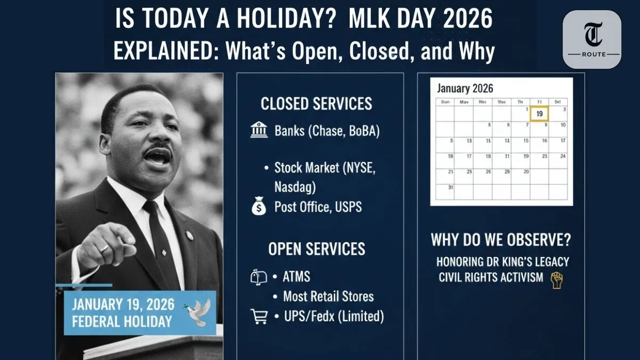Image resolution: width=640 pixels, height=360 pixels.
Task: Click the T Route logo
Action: click(592, 39)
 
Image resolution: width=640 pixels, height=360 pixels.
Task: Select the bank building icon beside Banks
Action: click(259, 130)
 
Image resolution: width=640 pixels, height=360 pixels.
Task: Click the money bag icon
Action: click(259, 206)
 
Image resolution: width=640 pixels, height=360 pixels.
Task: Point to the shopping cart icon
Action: click(259, 316)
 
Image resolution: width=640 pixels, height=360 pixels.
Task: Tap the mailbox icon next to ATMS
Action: click(259, 277)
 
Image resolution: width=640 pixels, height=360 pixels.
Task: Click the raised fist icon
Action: click(556, 279)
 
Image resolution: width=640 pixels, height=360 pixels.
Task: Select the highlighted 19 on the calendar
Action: click(540, 114)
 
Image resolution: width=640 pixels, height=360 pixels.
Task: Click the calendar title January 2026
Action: click(465, 88)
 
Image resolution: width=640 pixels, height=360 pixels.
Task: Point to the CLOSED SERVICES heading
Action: click(316, 103)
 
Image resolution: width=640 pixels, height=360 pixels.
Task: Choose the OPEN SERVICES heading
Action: click(316, 249)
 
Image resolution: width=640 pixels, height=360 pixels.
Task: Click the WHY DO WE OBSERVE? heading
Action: click(500, 240)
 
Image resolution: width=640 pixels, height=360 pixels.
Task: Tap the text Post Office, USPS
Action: click(318, 206)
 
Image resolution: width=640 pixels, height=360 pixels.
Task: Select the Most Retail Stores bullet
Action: click(328, 297)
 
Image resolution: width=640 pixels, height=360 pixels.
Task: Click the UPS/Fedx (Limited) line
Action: click(333, 316)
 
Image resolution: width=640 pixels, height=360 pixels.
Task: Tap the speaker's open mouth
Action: click(158, 156)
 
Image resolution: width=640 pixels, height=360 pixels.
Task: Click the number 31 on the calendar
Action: click(451, 187)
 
